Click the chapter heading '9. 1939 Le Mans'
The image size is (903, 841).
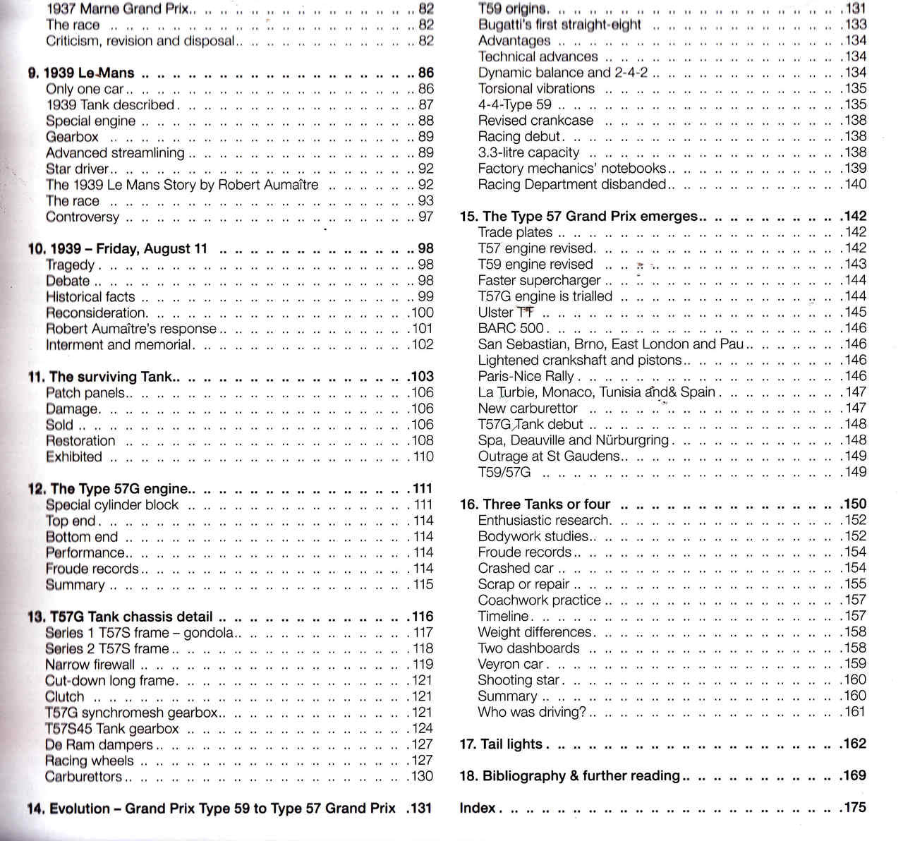point(81,73)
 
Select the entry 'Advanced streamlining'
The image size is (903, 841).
point(115,153)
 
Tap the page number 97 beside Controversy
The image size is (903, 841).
point(425,217)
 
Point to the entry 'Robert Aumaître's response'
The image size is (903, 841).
point(131,329)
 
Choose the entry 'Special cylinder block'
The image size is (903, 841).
point(112,505)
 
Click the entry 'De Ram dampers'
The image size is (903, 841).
point(99,745)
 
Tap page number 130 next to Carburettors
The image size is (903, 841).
point(422,777)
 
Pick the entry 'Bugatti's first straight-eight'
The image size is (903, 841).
point(559,25)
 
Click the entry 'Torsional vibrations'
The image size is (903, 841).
point(536,89)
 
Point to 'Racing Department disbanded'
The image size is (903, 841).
point(571,185)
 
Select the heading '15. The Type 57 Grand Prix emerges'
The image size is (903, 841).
point(578,217)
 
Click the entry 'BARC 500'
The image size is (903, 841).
point(511,328)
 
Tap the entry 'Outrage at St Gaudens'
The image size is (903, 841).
point(548,456)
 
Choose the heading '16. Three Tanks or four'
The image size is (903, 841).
point(535,504)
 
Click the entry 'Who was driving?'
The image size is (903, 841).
point(532,713)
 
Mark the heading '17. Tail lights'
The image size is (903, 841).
point(501,744)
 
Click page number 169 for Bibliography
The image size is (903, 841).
point(853,776)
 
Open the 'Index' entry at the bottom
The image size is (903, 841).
point(478,809)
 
